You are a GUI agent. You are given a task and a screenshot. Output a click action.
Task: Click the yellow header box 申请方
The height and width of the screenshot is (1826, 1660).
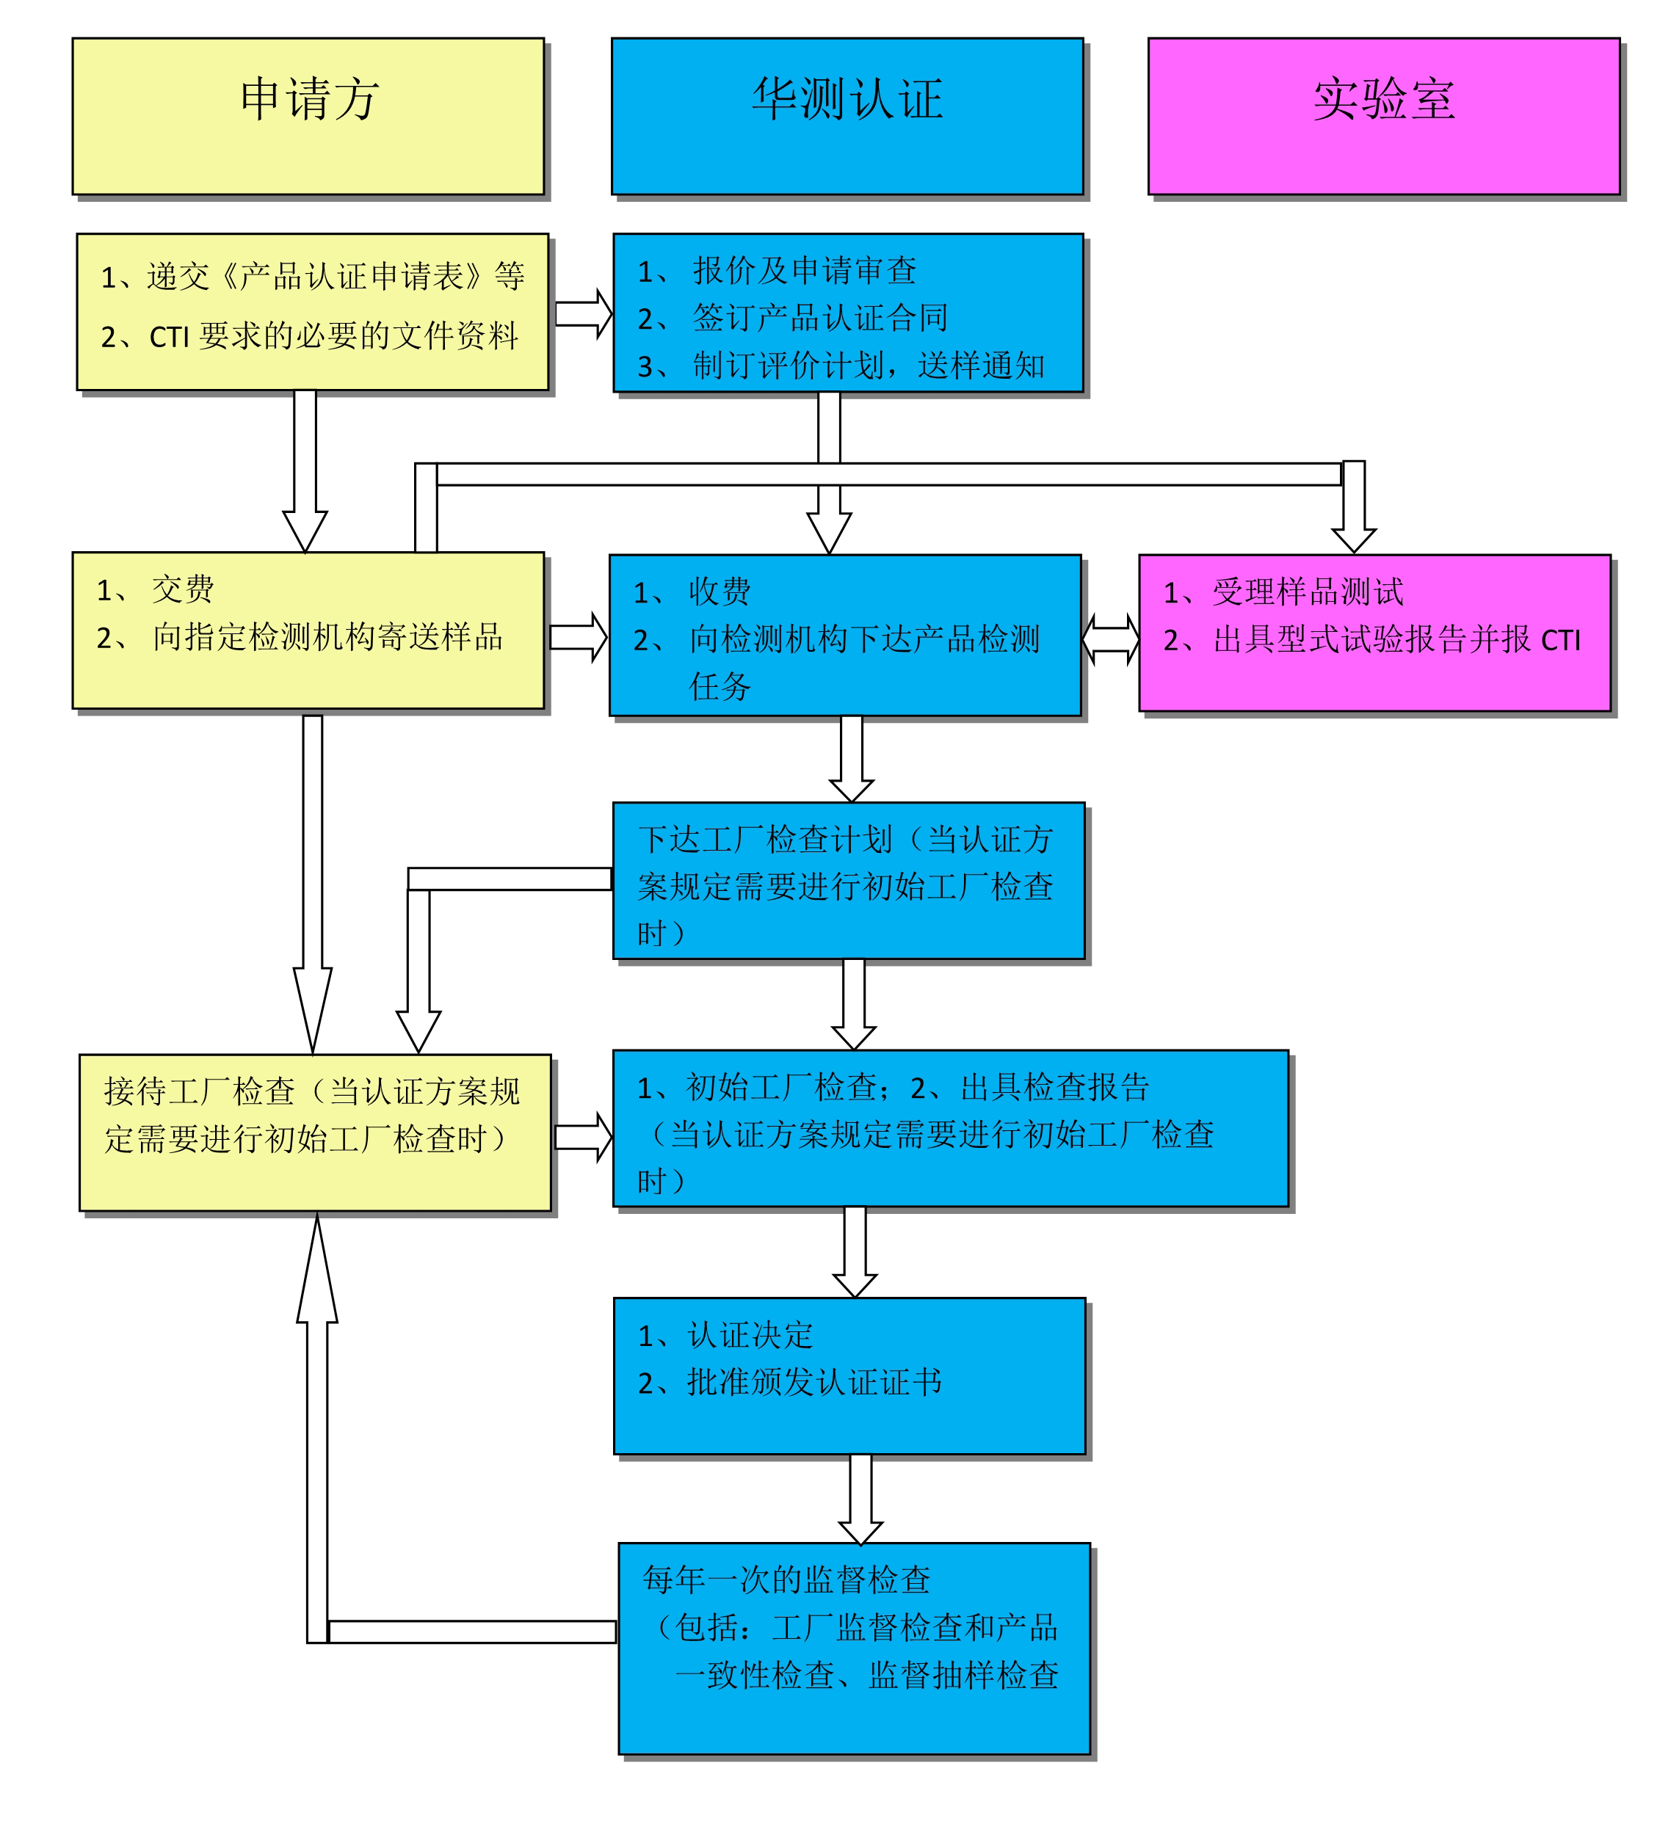[x=308, y=116]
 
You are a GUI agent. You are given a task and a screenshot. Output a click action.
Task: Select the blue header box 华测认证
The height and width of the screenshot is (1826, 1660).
[x=847, y=116]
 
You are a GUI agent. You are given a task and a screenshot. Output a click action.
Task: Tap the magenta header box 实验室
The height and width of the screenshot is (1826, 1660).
[x=1384, y=116]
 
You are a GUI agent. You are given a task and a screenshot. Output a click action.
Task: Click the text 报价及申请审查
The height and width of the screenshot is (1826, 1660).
[x=805, y=270]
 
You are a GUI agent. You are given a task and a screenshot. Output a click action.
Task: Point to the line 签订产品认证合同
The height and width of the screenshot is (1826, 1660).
[x=820, y=318]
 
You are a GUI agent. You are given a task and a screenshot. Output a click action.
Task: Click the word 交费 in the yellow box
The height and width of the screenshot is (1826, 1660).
[x=183, y=589]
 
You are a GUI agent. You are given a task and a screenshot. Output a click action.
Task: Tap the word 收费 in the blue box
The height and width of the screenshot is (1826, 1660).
[x=720, y=592]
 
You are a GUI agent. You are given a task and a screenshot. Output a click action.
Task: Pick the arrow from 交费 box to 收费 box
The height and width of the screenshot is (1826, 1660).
[x=578, y=637]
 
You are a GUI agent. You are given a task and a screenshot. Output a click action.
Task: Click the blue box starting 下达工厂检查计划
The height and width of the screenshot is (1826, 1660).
[x=849, y=881]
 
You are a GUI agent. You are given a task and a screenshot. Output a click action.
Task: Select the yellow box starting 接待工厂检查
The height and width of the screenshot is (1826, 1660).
[x=315, y=1132]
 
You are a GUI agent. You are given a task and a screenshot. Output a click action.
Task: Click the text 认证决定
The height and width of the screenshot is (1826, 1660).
[x=750, y=1335]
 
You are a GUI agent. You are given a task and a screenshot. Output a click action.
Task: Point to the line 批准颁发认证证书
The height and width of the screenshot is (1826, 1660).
[x=815, y=1382]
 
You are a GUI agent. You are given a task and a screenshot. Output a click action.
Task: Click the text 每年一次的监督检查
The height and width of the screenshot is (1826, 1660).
[x=786, y=1579]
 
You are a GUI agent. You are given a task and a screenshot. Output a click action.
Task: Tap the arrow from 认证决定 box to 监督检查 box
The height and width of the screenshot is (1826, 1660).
[x=860, y=1499]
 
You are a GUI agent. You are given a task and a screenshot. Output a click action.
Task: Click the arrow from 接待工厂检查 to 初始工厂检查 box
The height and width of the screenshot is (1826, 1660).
[x=584, y=1137]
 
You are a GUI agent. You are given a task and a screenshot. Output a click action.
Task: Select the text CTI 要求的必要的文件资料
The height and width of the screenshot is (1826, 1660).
[x=333, y=336]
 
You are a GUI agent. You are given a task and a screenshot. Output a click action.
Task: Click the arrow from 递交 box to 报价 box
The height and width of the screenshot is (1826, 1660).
[x=584, y=313]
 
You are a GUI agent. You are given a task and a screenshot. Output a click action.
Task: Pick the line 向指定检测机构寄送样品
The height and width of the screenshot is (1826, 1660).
[x=328, y=637]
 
